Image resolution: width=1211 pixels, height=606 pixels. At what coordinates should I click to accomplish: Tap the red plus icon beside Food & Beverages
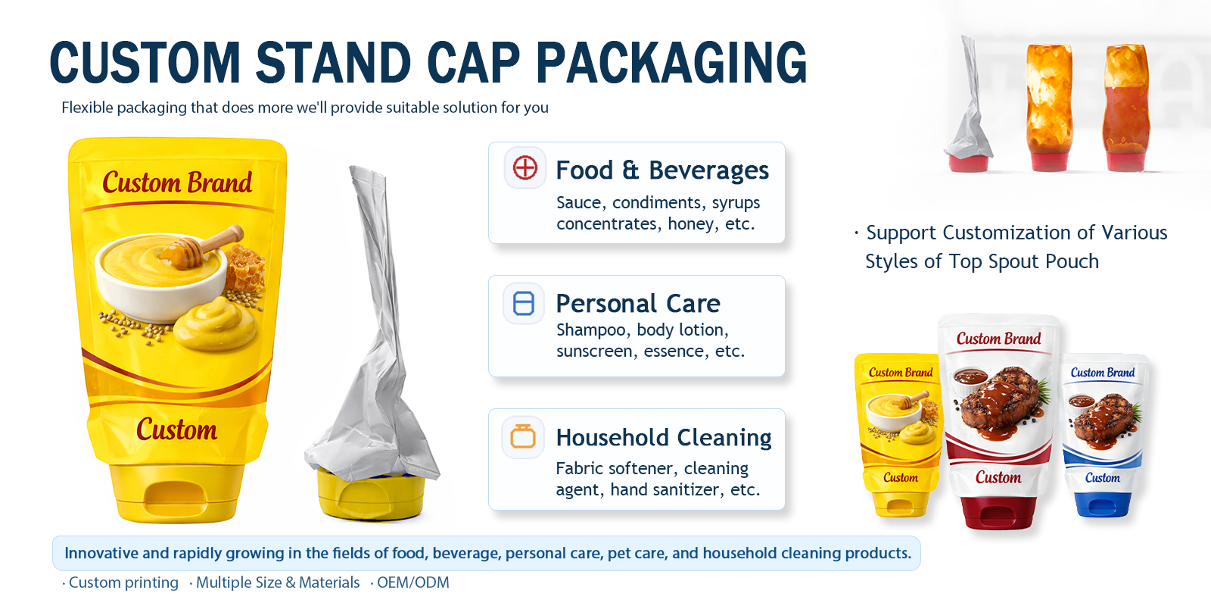(x=525, y=167)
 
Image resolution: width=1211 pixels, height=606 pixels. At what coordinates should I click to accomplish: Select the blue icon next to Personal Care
(x=524, y=303)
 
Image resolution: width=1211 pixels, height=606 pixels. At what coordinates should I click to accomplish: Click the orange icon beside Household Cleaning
(x=523, y=436)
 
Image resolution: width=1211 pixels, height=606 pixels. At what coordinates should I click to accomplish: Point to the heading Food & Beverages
(x=662, y=170)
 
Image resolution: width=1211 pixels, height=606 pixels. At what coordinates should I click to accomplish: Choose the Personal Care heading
(x=637, y=304)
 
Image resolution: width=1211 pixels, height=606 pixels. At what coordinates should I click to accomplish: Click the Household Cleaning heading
(x=663, y=438)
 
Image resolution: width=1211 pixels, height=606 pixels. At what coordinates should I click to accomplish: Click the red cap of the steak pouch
(x=998, y=512)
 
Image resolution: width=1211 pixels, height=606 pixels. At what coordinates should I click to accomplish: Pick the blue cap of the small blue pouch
(x=1102, y=503)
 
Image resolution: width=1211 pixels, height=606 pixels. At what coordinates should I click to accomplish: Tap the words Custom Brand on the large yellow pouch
(x=177, y=183)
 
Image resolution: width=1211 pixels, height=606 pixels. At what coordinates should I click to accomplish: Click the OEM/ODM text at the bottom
(x=412, y=583)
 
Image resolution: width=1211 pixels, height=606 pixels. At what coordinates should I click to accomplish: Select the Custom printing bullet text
(x=123, y=583)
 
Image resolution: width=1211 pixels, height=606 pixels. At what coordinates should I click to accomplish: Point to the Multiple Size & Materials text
(x=277, y=583)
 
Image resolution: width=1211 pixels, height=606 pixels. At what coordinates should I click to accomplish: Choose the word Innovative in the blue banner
(x=101, y=554)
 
